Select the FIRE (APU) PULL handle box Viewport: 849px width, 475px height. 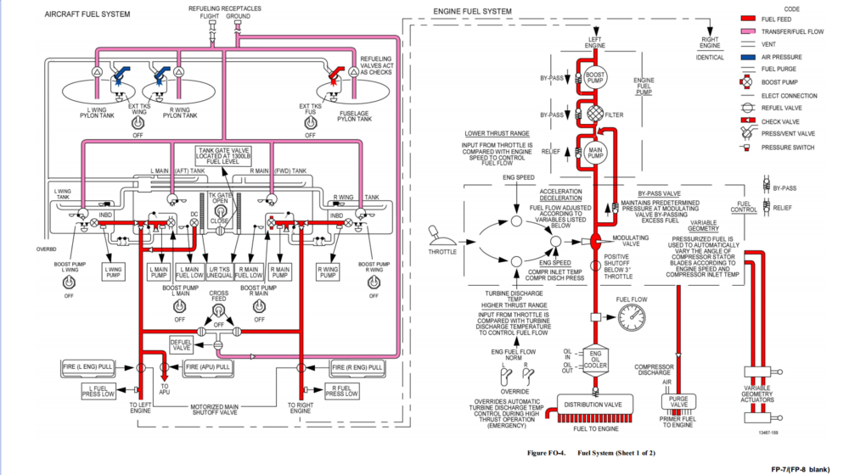(x=208, y=367)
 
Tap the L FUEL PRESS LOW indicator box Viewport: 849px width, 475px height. (x=98, y=390)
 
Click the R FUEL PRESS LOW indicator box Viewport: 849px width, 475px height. (x=341, y=390)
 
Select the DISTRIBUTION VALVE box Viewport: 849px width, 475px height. (x=594, y=405)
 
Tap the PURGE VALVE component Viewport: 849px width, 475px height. (x=679, y=401)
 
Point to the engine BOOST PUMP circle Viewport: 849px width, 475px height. (x=594, y=77)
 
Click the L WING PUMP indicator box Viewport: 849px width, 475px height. (x=113, y=272)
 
